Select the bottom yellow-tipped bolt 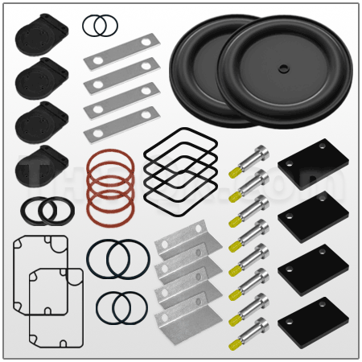(x=249, y=331)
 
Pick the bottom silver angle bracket (x=187, y=322)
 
